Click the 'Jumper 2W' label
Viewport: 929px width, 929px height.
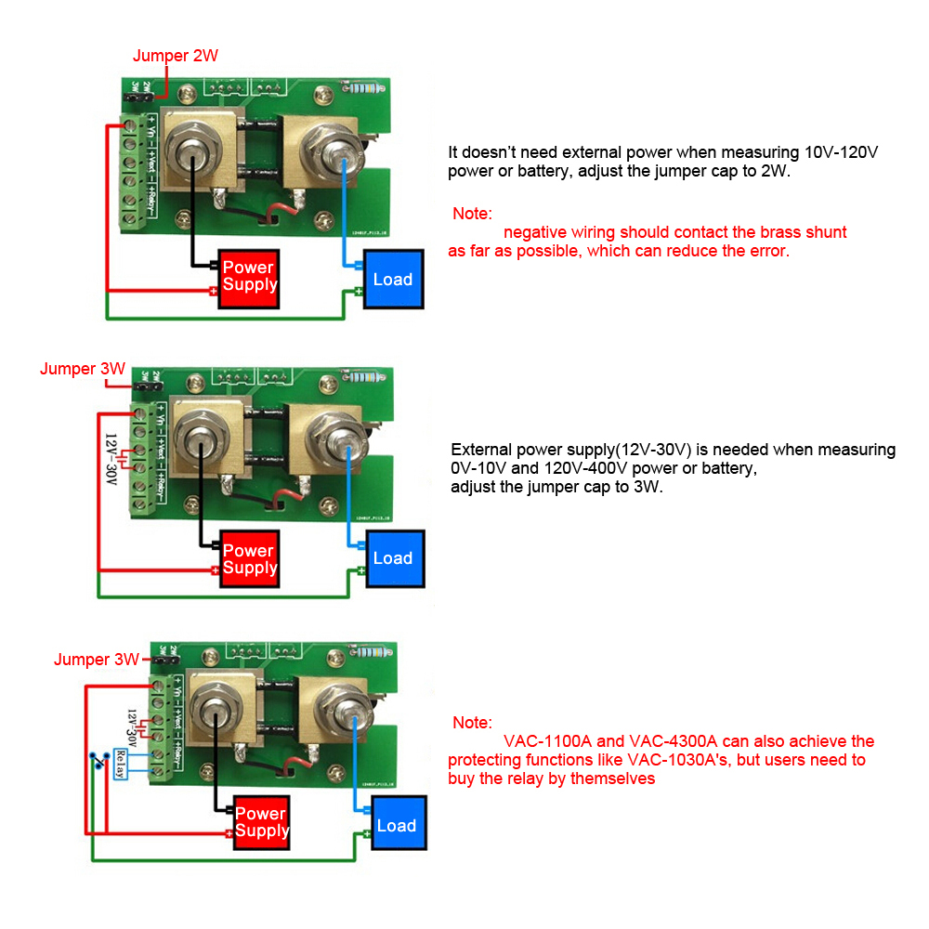[x=176, y=56]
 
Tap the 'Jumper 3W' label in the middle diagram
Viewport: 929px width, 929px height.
[x=83, y=369]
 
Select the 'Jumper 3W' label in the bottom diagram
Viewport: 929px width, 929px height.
[x=97, y=660]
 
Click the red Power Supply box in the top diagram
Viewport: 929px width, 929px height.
[x=249, y=277]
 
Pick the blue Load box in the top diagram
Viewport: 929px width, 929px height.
[x=392, y=280]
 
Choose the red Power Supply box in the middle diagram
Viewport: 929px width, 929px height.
[x=249, y=559]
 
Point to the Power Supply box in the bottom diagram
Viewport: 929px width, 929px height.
[x=261, y=822]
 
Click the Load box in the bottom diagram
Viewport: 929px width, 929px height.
[x=397, y=826]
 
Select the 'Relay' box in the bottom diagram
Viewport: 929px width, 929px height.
[x=119, y=764]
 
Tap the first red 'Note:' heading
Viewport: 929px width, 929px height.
[x=472, y=214]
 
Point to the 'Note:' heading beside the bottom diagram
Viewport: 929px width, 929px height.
[x=472, y=723]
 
